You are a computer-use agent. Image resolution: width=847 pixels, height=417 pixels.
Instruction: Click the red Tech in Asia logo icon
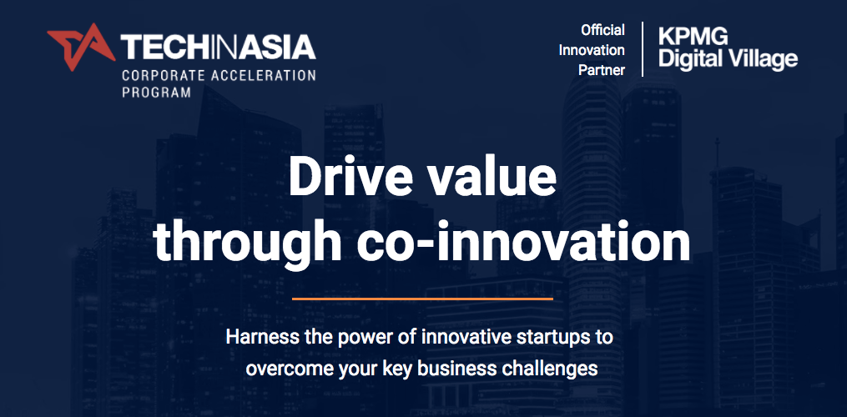point(81,47)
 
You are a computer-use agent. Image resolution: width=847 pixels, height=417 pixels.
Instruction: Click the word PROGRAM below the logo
point(156,93)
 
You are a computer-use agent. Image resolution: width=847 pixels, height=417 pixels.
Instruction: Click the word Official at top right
point(602,30)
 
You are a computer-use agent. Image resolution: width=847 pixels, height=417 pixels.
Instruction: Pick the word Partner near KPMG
point(602,70)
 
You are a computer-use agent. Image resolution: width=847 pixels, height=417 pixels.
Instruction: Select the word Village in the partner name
point(763,59)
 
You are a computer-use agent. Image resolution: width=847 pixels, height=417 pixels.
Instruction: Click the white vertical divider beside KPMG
point(643,49)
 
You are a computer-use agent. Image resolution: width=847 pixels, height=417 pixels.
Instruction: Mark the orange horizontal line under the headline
point(422,299)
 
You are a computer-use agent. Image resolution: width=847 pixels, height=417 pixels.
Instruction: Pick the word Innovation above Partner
point(592,50)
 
